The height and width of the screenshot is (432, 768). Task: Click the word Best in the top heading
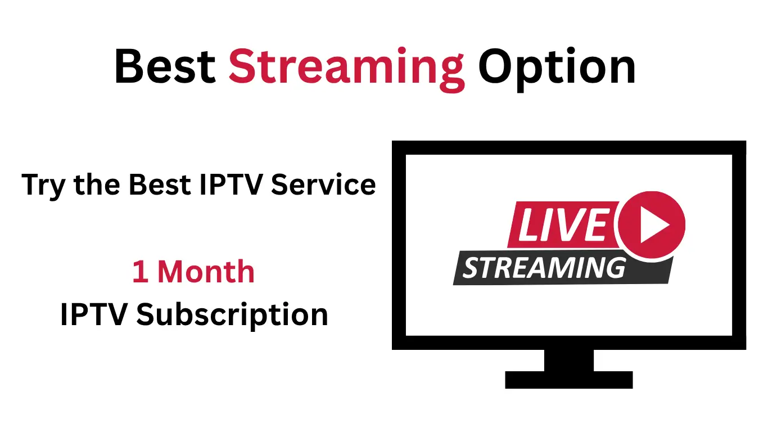point(165,67)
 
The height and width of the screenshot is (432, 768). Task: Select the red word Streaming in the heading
point(346,68)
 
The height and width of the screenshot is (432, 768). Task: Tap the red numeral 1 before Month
point(139,272)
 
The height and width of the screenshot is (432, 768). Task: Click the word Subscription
point(232,315)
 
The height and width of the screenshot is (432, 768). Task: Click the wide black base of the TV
point(569,380)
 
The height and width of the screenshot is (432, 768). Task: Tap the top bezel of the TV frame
point(569,147)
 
